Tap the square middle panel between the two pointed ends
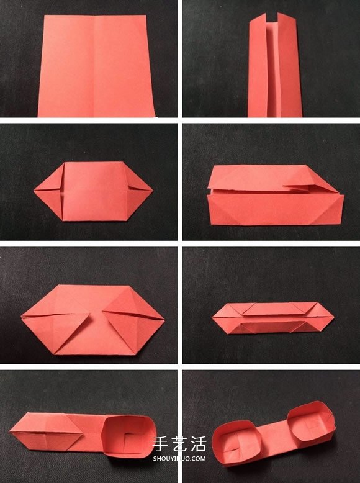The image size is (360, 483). click(94, 191)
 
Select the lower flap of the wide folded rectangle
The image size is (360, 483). click(276, 210)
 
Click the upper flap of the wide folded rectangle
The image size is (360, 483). click(271, 178)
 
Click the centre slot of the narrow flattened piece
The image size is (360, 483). click(272, 327)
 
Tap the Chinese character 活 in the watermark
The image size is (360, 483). click(198, 444)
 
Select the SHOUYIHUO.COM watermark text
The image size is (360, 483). click(179, 459)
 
